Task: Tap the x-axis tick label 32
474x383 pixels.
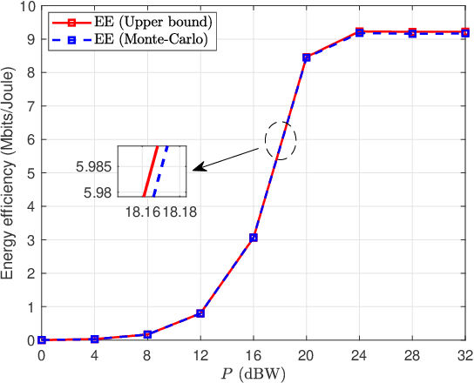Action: pos(466,355)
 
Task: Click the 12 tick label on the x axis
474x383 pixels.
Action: pos(200,355)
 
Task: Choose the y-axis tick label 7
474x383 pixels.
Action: pos(31,105)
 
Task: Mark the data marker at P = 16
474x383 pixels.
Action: pos(254,238)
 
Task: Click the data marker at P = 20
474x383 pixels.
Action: pos(307,57)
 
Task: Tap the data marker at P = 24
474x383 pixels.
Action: pos(360,31)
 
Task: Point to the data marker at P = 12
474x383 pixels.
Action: pos(200,313)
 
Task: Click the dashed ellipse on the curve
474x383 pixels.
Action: pos(281,139)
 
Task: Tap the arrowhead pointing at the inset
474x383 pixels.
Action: pos(197,168)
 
